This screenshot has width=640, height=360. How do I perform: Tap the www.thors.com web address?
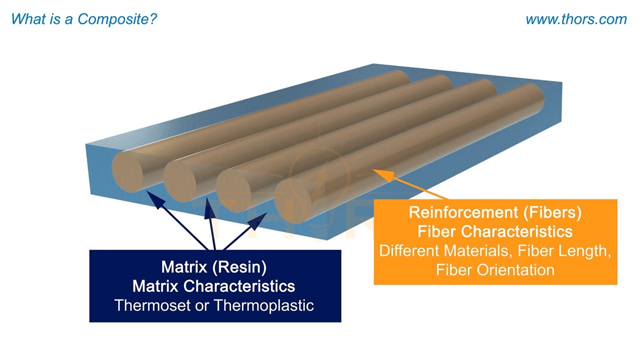tap(576, 19)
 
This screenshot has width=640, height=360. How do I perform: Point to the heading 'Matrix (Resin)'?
tap(213, 267)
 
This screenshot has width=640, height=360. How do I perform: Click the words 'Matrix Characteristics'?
tap(213, 286)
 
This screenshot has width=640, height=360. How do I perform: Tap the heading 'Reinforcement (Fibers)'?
tap(495, 212)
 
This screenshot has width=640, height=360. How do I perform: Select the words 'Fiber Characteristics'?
tap(495, 231)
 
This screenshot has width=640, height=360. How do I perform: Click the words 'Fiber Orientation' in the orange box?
tap(495, 270)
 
